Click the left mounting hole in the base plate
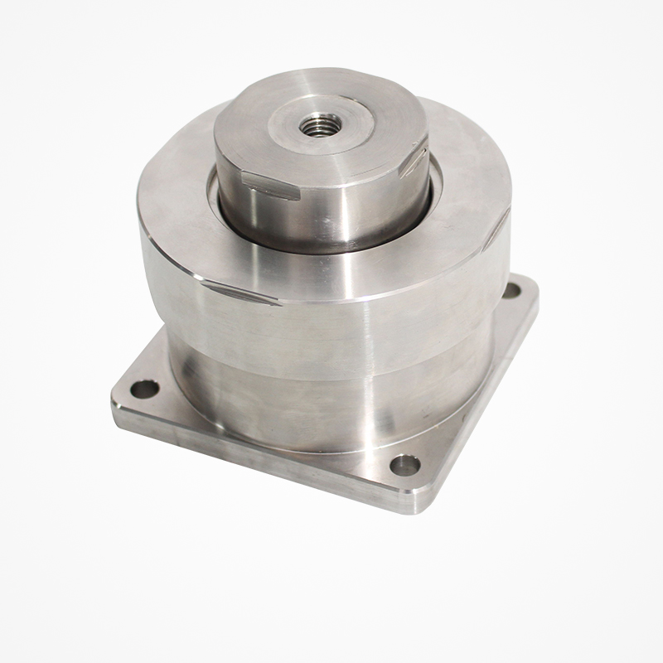click(145, 388)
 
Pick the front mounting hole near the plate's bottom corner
click(404, 465)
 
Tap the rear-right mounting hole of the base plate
click(512, 291)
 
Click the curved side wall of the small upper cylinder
click(331, 211)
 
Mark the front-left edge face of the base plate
click(249, 464)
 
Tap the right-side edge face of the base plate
click(485, 398)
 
